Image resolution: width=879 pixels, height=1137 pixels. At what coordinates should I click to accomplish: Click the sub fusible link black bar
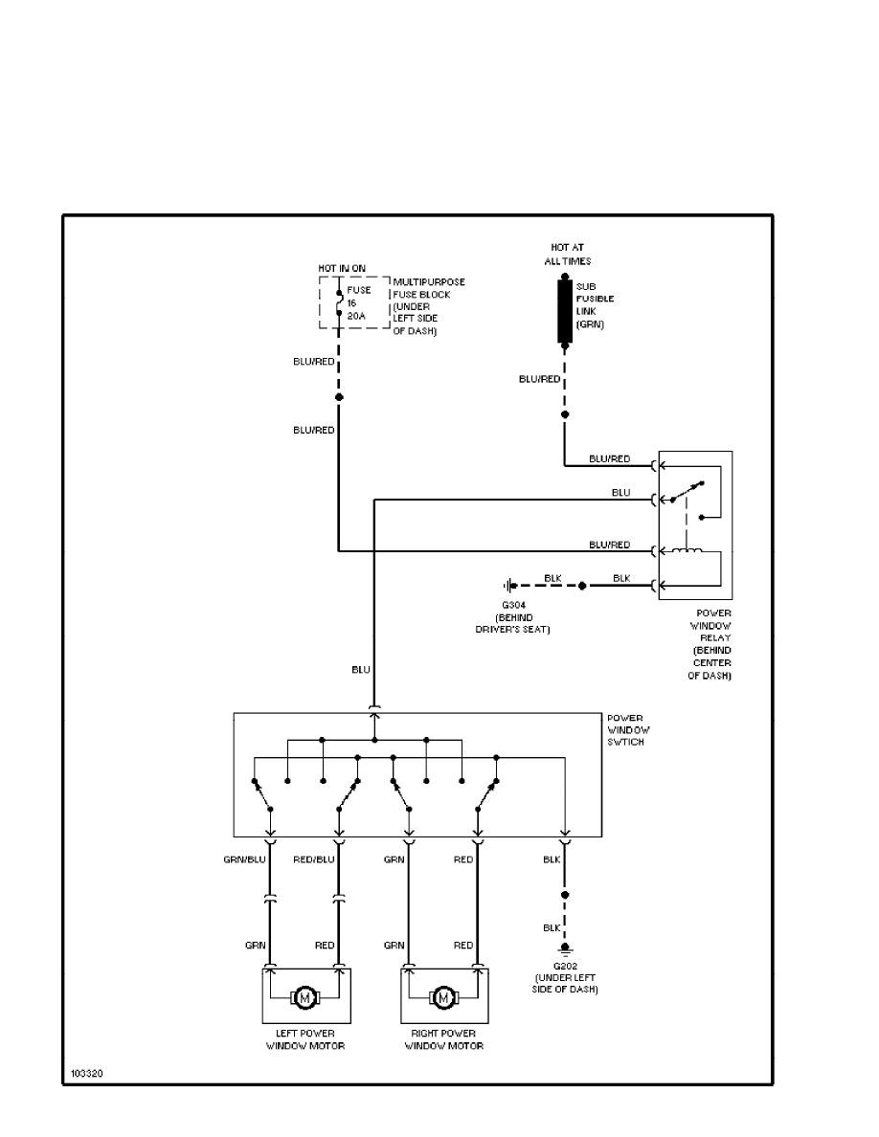click(565, 312)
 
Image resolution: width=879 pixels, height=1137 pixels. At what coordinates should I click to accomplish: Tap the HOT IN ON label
click(342, 267)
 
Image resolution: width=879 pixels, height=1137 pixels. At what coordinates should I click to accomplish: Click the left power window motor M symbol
click(305, 998)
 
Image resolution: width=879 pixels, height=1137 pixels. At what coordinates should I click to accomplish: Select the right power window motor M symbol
click(443, 998)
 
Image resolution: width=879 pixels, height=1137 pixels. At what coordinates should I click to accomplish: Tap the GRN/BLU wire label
click(244, 859)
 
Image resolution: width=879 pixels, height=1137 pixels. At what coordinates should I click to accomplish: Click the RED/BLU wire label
click(314, 859)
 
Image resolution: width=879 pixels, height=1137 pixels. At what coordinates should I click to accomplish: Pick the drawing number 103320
click(86, 1073)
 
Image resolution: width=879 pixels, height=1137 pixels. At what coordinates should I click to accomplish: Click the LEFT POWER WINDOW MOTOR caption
click(305, 1039)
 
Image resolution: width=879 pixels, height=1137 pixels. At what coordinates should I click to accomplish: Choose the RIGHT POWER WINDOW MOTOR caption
click(443, 1039)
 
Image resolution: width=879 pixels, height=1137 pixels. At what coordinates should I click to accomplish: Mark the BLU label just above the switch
click(360, 671)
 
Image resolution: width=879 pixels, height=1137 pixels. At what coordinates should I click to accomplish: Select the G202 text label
click(565, 966)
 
